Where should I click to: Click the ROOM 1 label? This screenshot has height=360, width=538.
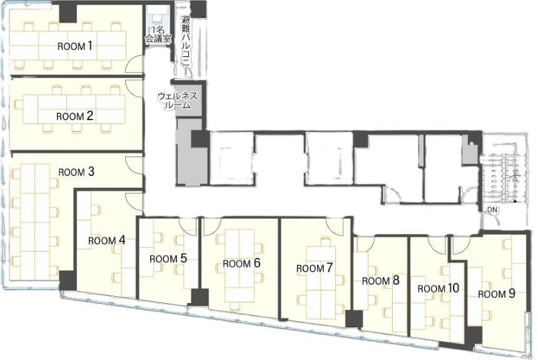pos(75,46)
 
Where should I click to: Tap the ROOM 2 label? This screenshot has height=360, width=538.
pos(74,116)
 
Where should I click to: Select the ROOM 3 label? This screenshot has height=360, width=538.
pos(76,172)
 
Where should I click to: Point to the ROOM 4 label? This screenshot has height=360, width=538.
pos(106,240)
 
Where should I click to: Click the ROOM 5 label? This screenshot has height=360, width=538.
pos(168,259)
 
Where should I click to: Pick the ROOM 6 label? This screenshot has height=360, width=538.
pos(241,263)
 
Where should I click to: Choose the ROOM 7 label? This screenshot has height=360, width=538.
pos(315,267)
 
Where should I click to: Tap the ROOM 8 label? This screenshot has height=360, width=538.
pos(380,280)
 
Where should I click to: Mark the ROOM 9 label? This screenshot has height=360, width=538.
pos(497,294)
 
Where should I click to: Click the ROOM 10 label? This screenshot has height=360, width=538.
pos(438,288)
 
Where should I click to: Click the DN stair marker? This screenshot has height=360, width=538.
pos(492,210)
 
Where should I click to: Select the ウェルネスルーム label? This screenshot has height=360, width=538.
pos(178,100)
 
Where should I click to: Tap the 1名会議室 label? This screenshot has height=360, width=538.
pos(158,34)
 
